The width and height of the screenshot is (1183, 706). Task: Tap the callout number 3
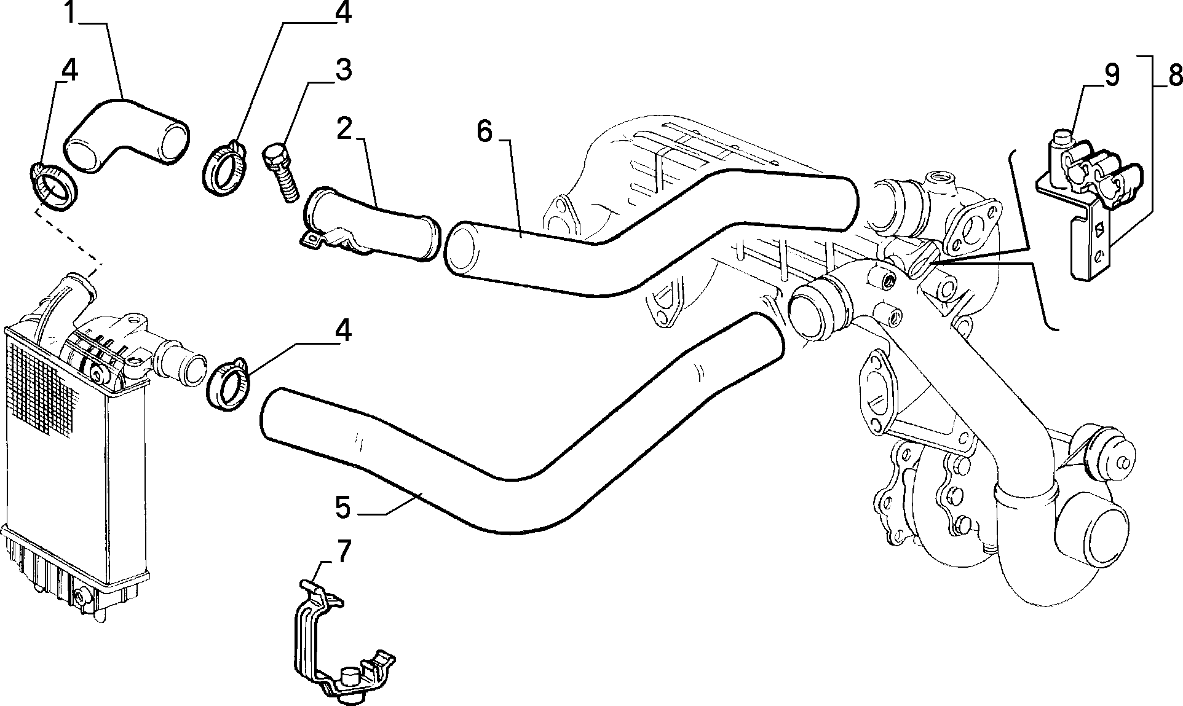(342, 70)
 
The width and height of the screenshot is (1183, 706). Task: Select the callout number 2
(345, 128)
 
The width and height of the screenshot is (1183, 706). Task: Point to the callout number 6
(485, 131)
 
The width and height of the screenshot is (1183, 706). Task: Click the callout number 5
(343, 508)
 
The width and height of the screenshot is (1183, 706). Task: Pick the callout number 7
(342, 552)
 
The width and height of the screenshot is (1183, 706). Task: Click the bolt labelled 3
(281, 172)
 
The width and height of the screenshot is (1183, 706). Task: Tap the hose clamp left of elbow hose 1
(53, 186)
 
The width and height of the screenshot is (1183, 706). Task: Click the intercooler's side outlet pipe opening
(190, 369)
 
